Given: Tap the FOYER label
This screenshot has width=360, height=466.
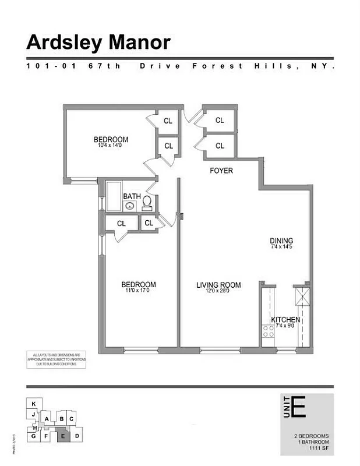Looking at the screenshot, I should (221, 171).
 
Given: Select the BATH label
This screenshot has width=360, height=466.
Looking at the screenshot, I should (131, 196).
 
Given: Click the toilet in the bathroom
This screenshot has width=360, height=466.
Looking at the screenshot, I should (147, 203).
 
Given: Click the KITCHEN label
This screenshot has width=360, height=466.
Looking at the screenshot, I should (285, 320).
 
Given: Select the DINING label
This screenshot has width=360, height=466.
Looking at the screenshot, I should (281, 241).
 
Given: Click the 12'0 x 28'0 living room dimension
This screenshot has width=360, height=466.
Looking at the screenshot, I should (218, 291).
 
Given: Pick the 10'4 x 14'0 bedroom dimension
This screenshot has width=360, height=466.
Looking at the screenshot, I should (111, 146).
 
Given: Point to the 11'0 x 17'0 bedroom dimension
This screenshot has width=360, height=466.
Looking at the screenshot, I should (138, 291).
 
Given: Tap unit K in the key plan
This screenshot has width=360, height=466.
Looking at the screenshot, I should (34, 403).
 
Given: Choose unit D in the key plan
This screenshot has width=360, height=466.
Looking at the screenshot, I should (78, 435).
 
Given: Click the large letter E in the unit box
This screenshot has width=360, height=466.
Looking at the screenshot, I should (299, 407).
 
